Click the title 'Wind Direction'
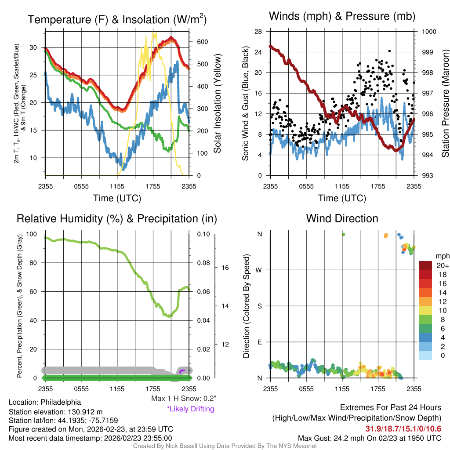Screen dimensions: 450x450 pyautogui.click(x=342, y=218)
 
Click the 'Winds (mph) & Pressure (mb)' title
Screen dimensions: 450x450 pyautogui.click(x=342, y=16)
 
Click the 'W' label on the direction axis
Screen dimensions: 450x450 pyautogui.click(x=259, y=270)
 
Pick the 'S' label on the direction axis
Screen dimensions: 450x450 pyautogui.click(x=259, y=306)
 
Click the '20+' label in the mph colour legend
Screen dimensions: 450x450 pyautogui.click(x=442, y=266)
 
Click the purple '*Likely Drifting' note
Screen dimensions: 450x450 pyautogui.click(x=190, y=409)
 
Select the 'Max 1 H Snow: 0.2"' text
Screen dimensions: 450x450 pyautogui.click(x=183, y=399)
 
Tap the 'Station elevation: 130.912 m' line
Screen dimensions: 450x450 pyautogui.click(x=55, y=411)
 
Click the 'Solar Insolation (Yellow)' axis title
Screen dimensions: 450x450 pyautogui.click(x=217, y=104)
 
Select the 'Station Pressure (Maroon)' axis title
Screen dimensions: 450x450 pyautogui.click(x=445, y=104)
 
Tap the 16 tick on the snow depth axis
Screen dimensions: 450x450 pyautogui.click(x=225, y=267)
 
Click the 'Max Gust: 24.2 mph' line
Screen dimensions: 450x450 pyautogui.click(x=369, y=438)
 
